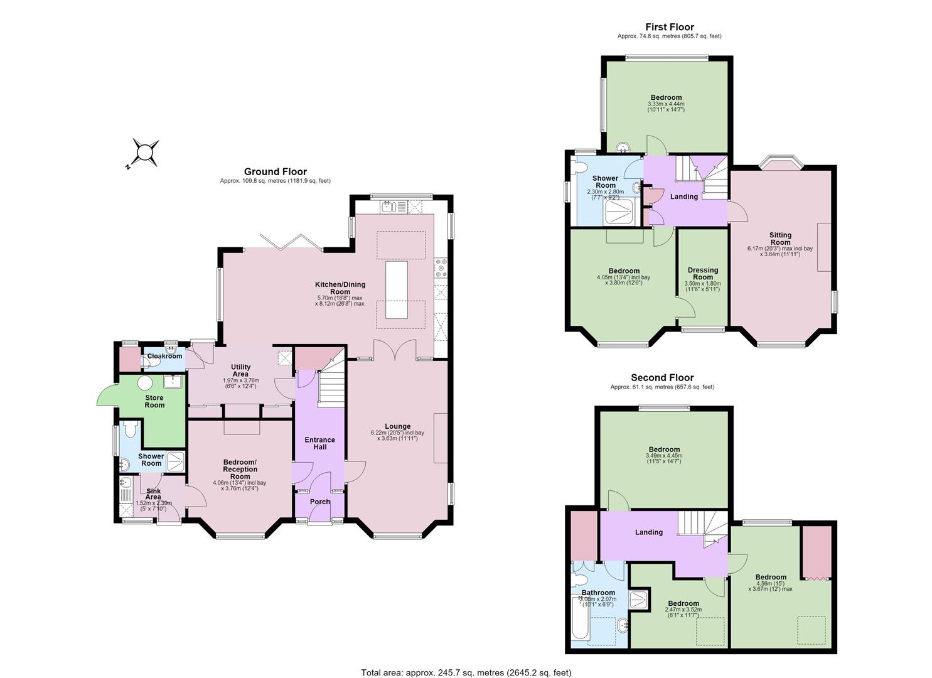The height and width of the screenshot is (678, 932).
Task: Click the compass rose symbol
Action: [144, 153]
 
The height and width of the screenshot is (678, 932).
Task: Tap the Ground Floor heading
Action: [276, 171]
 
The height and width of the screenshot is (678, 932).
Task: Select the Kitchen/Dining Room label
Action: [340, 288]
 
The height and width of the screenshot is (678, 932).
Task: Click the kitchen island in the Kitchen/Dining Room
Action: [396, 289]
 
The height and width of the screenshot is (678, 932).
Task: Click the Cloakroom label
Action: [164, 357]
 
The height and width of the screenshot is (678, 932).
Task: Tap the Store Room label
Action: [154, 401]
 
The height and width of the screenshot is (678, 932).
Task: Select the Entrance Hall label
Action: [319, 443]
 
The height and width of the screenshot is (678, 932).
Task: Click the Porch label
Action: [320, 502]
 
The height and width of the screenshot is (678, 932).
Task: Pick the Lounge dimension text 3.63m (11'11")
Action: [397, 438]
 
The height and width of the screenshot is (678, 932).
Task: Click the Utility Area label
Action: [240, 370]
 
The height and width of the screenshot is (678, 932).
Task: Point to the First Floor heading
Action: [670, 27]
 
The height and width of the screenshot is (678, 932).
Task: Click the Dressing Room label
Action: [703, 274]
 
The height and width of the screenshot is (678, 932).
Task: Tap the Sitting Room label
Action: [780, 239]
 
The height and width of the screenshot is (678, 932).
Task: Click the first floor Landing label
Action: [684, 196]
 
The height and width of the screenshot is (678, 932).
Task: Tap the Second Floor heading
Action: [662, 377]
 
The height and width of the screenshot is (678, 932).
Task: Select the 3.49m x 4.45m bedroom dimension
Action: [663, 455]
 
